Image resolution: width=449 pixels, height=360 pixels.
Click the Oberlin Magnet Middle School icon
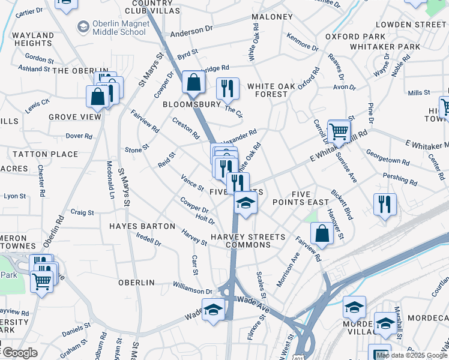(x=83, y=26)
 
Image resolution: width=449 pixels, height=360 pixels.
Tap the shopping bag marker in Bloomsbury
(x=194, y=83)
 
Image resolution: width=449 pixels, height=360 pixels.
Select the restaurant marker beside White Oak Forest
(x=228, y=88)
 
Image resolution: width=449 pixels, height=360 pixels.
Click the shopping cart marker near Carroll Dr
(x=339, y=131)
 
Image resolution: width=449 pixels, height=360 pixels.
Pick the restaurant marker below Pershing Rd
(x=385, y=204)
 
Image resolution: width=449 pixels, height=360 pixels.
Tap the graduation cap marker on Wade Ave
(x=213, y=310)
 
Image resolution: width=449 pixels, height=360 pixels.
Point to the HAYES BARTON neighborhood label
(x=142, y=226)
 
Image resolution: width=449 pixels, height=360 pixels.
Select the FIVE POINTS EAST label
(x=310, y=198)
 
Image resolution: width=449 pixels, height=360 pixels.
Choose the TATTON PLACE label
(x=46, y=154)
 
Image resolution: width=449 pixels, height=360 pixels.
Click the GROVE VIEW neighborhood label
(x=75, y=117)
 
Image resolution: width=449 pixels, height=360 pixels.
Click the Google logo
(x=20, y=353)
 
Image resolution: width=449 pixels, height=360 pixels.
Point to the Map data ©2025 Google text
(x=412, y=355)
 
